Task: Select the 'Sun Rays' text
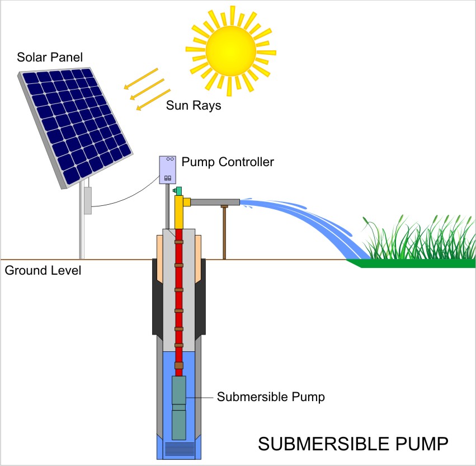point(193,106)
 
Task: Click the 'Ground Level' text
point(43,271)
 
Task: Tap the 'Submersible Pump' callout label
point(271,397)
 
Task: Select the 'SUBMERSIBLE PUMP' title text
point(352,444)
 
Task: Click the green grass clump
point(414,241)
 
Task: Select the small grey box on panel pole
point(87,200)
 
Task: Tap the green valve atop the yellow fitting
point(178,191)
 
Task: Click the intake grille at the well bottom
point(179,449)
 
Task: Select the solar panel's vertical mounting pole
point(82,235)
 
